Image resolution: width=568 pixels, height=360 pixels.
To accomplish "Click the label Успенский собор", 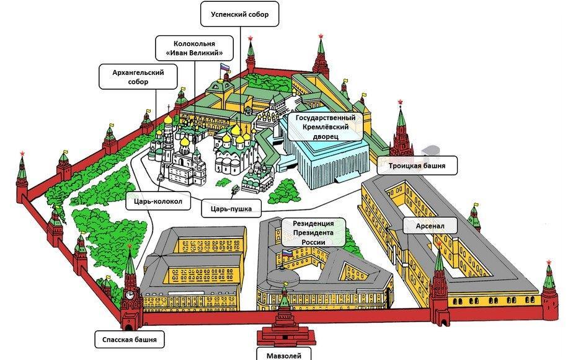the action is pyautogui.click(x=239, y=14).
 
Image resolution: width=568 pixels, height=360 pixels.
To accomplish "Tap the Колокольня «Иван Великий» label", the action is pyautogui.click(x=194, y=48).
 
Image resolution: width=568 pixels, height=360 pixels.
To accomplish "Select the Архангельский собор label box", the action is pyautogui.click(x=138, y=77).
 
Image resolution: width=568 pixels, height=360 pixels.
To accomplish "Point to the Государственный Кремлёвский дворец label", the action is pyautogui.click(x=326, y=127).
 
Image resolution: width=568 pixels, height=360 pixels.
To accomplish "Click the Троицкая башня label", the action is pyautogui.click(x=417, y=165).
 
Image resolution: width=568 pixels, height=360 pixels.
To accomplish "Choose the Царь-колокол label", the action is pyautogui.click(x=158, y=201).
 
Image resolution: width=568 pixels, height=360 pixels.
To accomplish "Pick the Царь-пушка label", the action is pyautogui.click(x=231, y=208).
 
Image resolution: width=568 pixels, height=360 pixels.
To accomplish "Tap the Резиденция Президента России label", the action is pyautogui.click(x=313, y=232).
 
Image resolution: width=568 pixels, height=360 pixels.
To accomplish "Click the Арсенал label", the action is pyautogui.click(x=430, y=226).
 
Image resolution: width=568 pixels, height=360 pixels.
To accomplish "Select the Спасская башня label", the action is pyautogui.click(x=130, y=340).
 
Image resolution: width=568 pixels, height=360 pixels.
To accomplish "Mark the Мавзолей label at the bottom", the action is pyautogui.click(x=283, y=355).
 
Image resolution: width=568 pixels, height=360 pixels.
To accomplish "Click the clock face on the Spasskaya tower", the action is pyautogui.click(x=130, y=295).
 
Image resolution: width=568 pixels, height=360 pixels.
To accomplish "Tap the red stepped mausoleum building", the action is pyautogui.click(x=285, y=331).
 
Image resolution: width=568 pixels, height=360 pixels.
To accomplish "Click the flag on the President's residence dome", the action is pyautogui.click(x=287, y=253).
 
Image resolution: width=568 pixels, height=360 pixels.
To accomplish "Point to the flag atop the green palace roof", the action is pyautogui.click(x=225, y=66).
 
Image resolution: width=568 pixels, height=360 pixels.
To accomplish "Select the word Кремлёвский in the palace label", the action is pyautogui.click(x=326, y=127).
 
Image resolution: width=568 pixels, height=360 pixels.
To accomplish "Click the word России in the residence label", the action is pyautogui.click(x=313, y=242).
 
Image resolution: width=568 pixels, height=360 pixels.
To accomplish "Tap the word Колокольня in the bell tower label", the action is pyautogui.click(x=194, y=43).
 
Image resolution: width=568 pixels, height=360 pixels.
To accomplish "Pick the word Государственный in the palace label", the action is pyautogui.click(x=326, y=118).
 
